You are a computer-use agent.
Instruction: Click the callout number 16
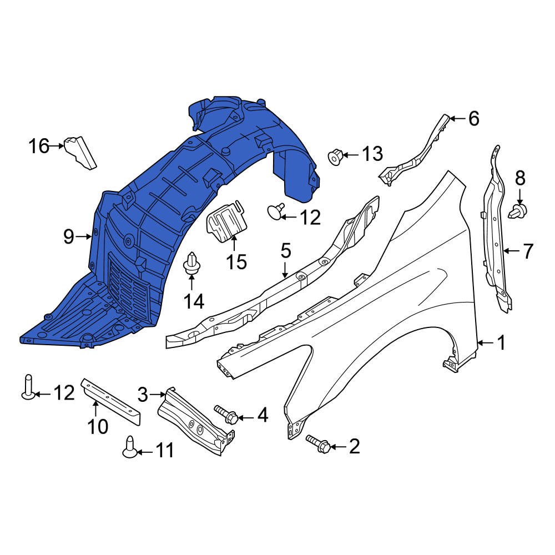[39, 147]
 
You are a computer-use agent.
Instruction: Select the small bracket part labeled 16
[80, 152]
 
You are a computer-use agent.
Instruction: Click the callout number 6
[473, 118]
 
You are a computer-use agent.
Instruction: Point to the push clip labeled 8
[518, 210]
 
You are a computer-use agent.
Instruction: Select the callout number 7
[527, 251]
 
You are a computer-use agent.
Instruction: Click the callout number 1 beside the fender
[501, 344]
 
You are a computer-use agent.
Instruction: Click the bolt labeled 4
[226, 414]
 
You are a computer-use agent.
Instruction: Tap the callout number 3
[143, 395]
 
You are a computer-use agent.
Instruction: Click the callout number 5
[285, 251]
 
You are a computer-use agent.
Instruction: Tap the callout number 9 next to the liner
[68, 237]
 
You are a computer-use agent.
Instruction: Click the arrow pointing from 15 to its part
[234, 244]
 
